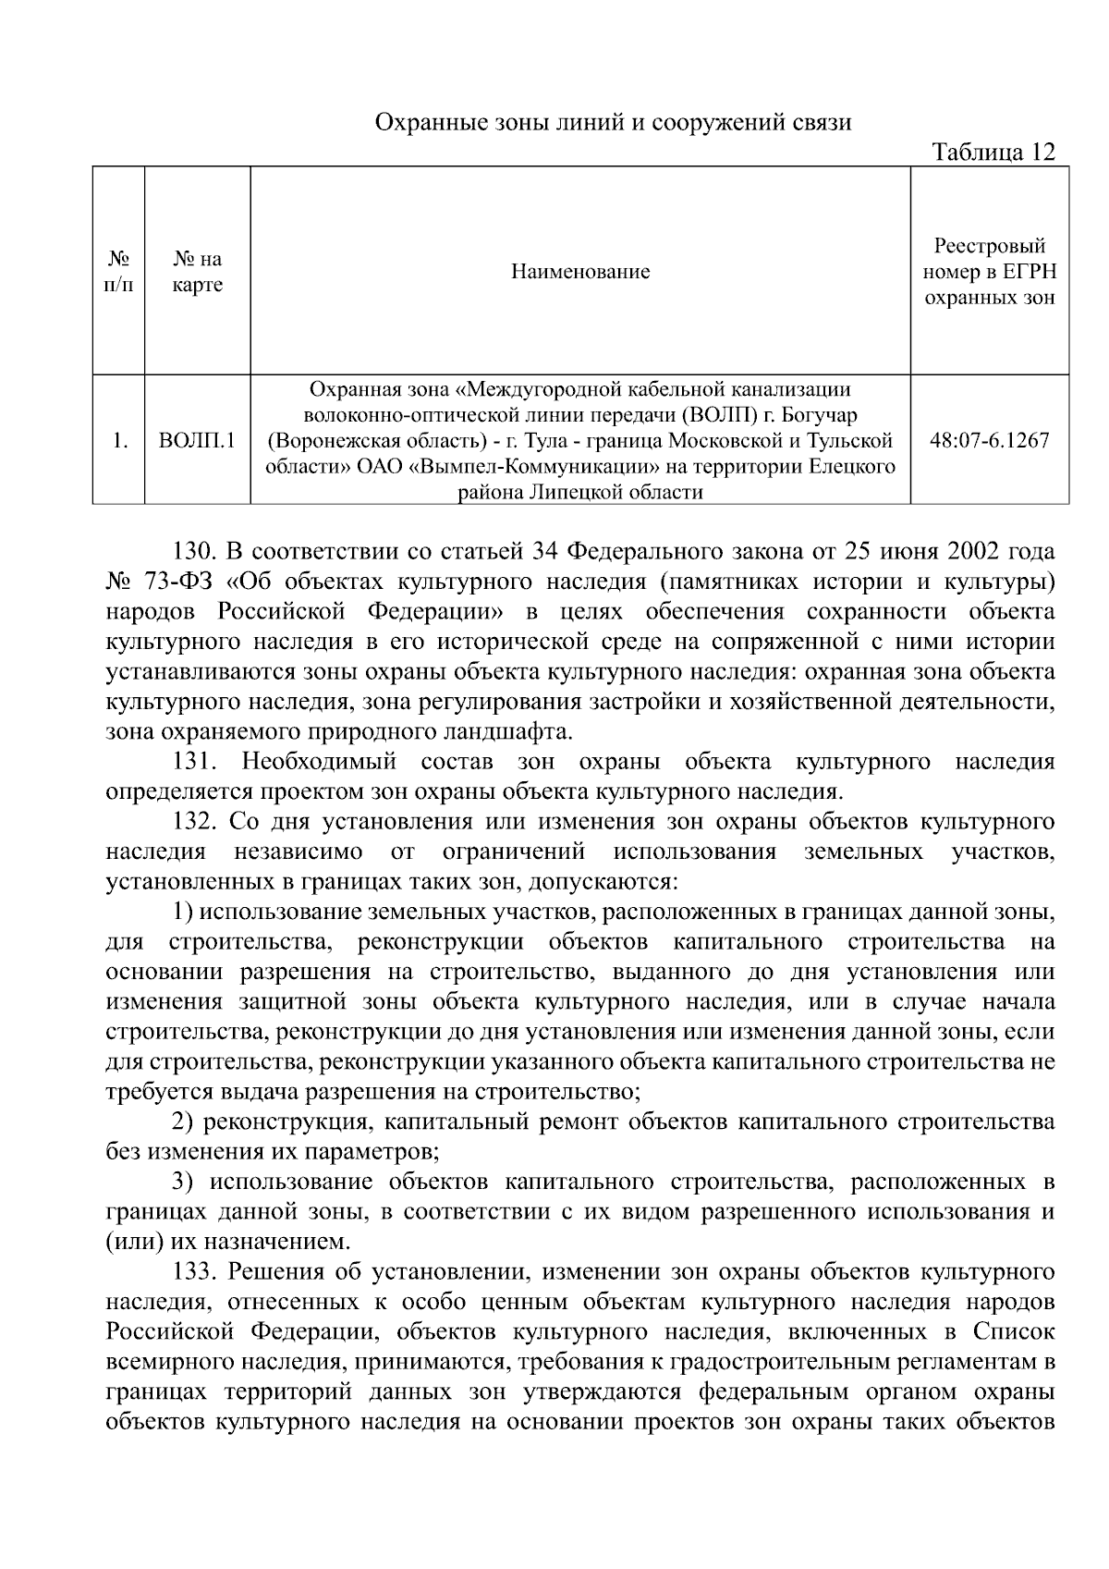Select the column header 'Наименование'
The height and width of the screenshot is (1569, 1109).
[580, 272]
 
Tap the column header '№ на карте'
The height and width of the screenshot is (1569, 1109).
[198, 273]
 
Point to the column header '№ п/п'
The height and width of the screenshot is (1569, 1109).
[117, 273]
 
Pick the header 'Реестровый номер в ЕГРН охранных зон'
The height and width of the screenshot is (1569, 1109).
[990, 272]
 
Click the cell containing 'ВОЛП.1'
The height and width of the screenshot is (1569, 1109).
[198, 440]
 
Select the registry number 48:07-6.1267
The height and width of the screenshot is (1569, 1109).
[990, 440]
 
